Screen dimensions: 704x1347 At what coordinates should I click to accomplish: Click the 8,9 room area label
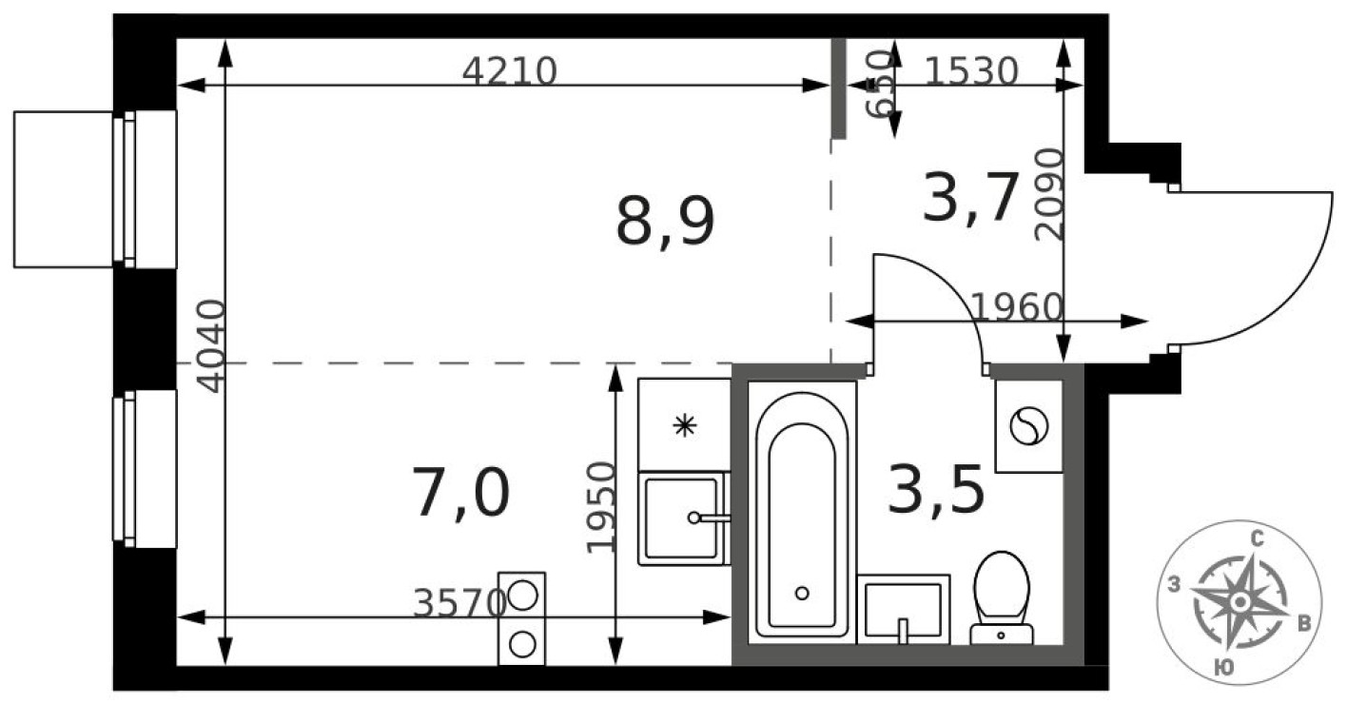665,224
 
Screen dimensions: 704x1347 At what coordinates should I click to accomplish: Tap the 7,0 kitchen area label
461,495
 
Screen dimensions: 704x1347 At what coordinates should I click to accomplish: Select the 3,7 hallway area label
972,198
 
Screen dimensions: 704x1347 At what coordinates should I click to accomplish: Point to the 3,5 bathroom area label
934,491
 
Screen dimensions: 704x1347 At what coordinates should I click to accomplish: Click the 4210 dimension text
509,71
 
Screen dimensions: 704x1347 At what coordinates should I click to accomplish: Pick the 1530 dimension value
971,70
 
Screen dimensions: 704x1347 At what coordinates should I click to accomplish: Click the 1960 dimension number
1016,306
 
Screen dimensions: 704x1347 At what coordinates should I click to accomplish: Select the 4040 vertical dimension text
210,345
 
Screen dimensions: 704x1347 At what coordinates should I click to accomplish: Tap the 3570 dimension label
459,602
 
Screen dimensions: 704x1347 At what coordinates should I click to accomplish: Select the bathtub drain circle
802,593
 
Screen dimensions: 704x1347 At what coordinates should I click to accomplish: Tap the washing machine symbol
1027,425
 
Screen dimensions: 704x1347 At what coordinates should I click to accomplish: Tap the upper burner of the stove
521,596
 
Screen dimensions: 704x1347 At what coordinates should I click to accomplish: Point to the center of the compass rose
1239,602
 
